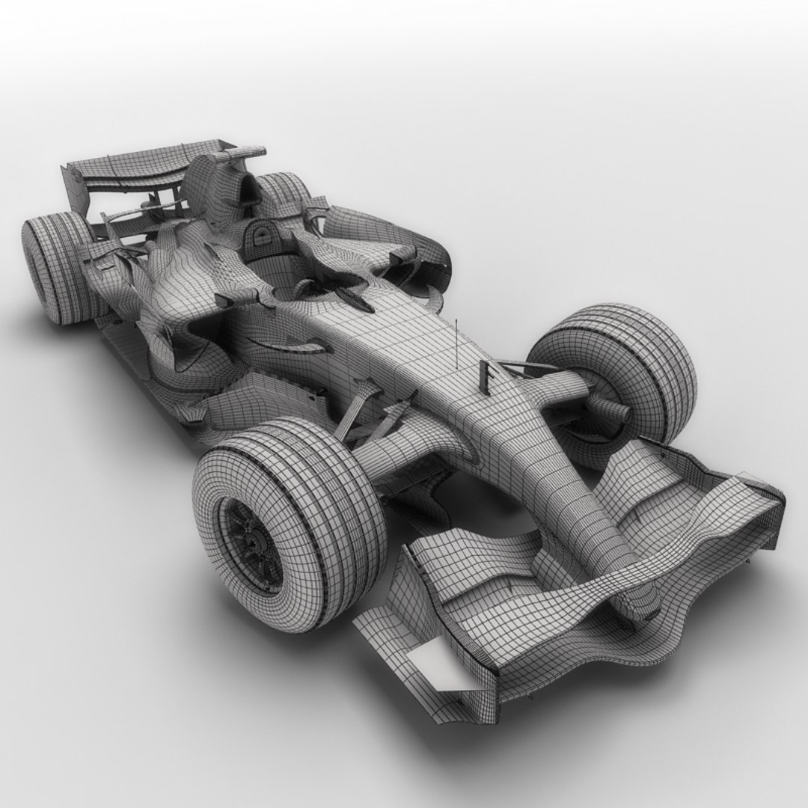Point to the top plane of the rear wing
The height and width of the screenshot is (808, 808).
coord(127,168)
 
